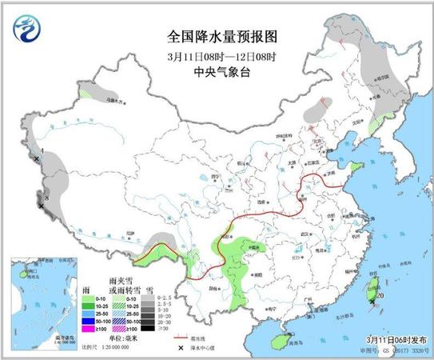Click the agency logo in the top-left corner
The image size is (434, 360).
[x=29, y=30]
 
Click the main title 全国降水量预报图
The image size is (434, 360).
[x=217, y=36]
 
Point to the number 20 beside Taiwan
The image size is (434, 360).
[x=380, y=295]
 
